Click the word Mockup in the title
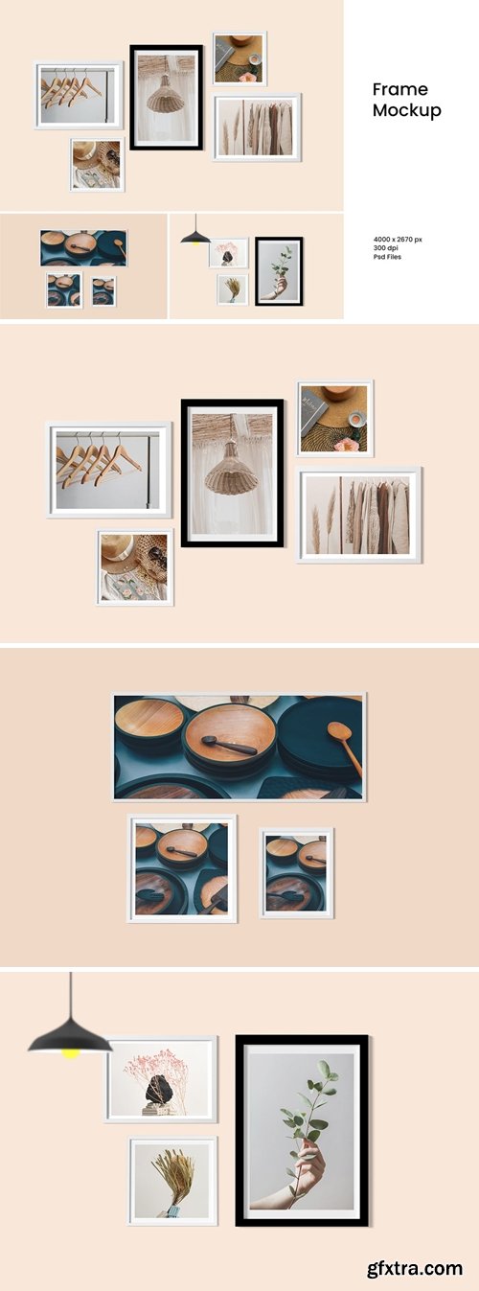[407, 110]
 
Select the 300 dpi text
[389, 247]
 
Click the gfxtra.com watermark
[414, 1268]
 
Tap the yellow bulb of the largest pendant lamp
[70, 1054]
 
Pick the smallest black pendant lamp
[195, 236]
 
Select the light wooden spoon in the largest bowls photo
[344, 739]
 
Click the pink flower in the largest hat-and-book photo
[346, 444]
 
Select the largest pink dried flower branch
[163, 1065]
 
